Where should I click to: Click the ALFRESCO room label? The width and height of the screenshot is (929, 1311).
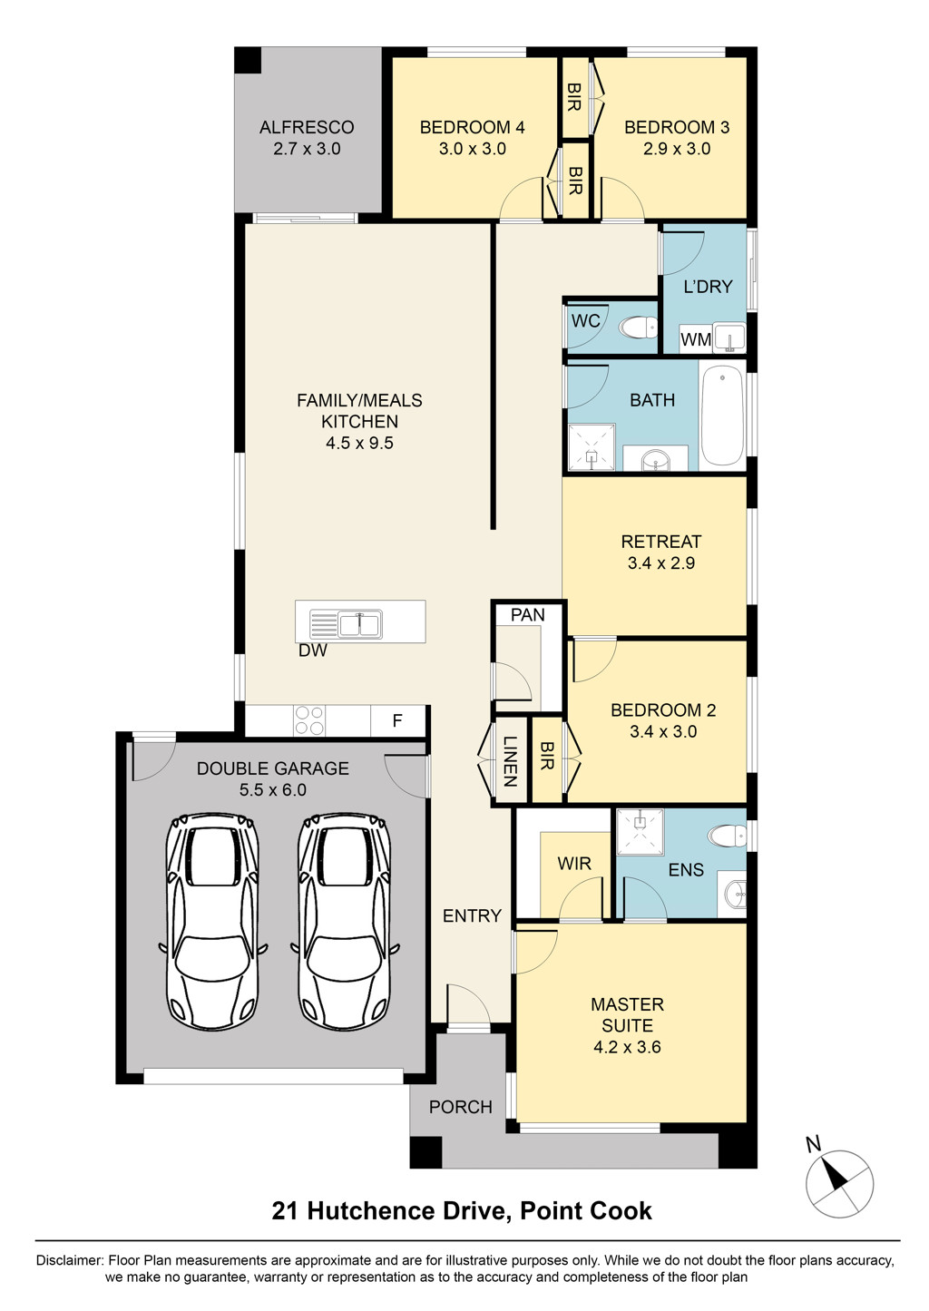307,127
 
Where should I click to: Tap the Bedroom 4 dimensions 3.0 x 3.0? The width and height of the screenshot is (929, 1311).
472,149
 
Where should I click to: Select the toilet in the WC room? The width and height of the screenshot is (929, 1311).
638,327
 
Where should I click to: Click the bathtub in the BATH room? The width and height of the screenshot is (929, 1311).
722,416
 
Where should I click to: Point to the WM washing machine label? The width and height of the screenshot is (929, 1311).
696,340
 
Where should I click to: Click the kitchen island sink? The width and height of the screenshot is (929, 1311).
360,624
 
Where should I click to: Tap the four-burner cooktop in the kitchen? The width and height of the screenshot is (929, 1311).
308,720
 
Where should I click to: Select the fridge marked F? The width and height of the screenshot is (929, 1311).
397,721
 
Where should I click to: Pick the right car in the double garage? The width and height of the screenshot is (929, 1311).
345,920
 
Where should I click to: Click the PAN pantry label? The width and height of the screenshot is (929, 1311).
527,615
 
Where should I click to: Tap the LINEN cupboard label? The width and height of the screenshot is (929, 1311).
509,761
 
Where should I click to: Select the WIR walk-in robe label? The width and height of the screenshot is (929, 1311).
574,863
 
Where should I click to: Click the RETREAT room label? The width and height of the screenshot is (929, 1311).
660,542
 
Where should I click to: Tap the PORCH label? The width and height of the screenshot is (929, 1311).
461,1107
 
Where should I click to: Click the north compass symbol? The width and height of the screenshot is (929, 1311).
839,1182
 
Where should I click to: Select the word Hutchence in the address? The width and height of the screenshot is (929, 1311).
407,1210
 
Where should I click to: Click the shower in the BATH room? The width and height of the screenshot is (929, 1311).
592,448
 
